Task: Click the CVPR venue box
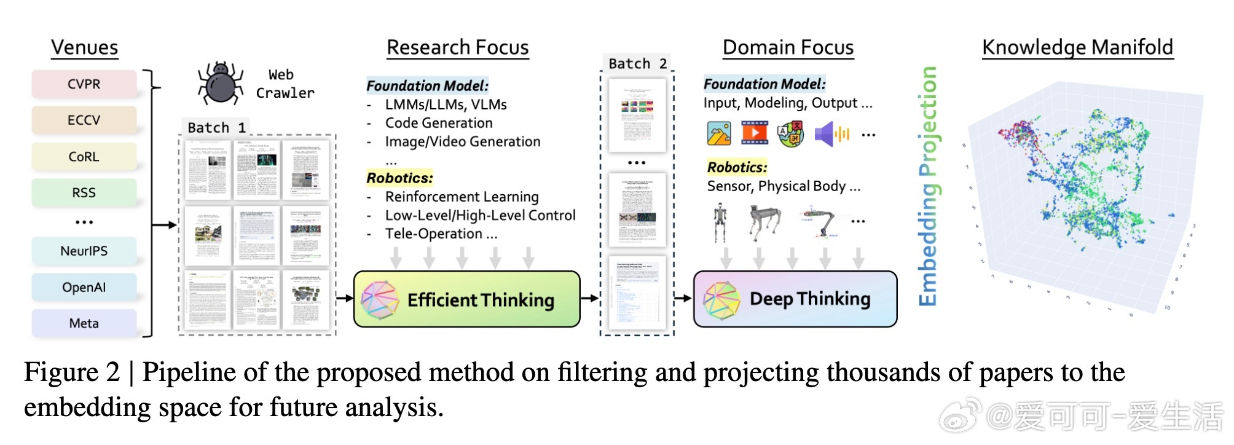(84, 84)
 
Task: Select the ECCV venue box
(84, 120)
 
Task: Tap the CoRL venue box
(84, 157)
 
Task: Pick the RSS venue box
(84, 193)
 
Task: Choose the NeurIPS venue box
(84, 251)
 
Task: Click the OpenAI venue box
(84, 287)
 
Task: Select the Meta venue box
(84, 323)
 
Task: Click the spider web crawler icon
(219, 84)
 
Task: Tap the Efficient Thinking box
(467, 299)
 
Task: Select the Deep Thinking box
(795, 299)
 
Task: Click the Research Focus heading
(457, 47)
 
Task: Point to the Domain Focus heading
(788, 47)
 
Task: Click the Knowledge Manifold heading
(1077, 47)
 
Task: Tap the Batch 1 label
(216, 127)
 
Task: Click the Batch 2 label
(637, 63)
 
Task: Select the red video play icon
(754, 133)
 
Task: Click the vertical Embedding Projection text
(927, 186)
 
